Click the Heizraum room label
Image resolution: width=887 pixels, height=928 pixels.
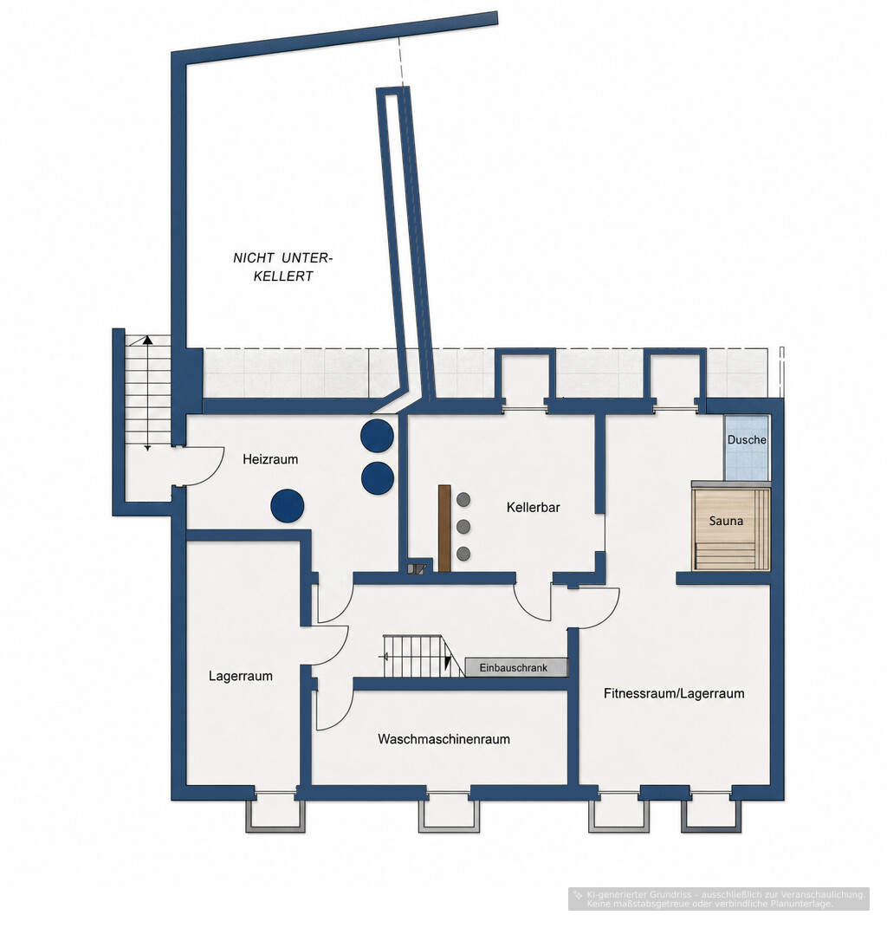point(270,459)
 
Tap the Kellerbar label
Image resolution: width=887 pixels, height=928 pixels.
point(533,507)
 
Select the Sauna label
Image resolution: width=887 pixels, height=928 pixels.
point(726,521)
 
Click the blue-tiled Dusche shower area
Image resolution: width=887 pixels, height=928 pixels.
point(747,448)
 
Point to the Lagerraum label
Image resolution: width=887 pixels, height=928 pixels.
point(241,676)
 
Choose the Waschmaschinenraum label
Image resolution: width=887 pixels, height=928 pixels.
point(443,739)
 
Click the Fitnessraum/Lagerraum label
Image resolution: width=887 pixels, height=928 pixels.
point(674,694)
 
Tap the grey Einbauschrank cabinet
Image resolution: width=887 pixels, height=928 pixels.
point(516,667)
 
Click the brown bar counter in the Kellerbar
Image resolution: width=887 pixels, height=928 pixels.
point(444,529)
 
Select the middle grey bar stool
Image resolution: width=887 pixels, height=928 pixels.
point(463,526)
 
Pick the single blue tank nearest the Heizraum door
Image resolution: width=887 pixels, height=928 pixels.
point(288,506)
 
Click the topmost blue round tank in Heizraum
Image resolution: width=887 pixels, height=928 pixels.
point(377,436)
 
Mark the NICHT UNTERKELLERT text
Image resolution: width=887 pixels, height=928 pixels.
point(283,267)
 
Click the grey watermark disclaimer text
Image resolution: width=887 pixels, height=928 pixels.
point(719,899)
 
